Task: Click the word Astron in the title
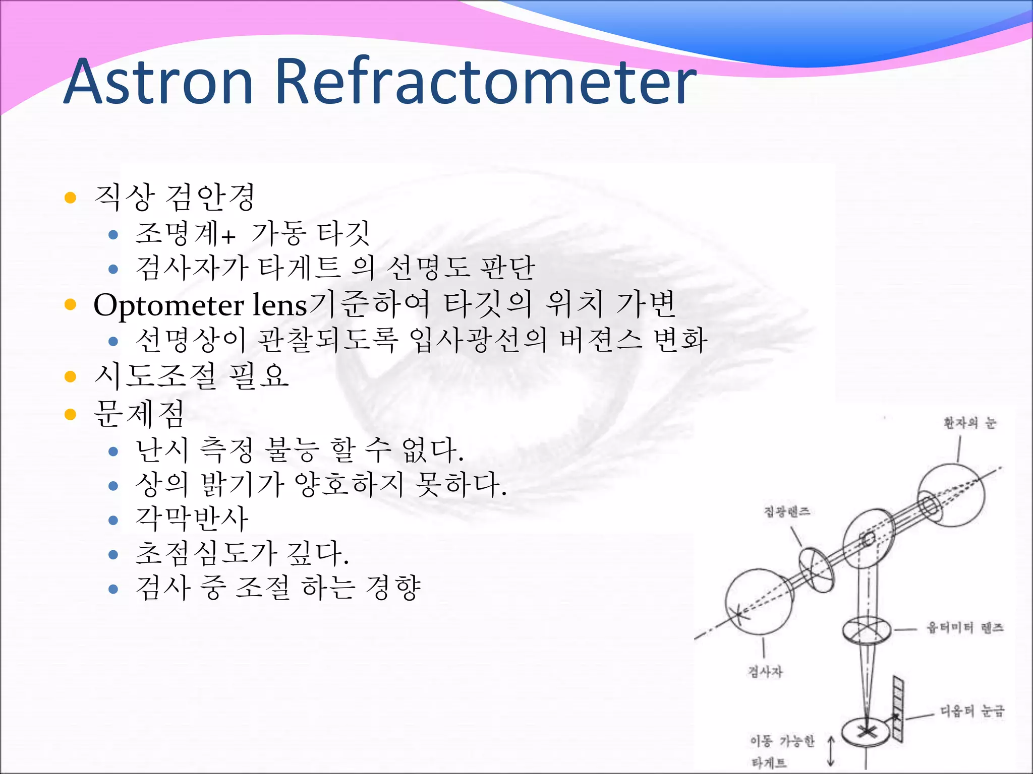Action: (x=158, y=82)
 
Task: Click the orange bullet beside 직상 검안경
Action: (x=70, y=197)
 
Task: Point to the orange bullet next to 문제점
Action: (x=70, y=415)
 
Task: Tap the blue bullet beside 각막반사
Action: (x=113, y=520)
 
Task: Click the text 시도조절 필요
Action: (x=192, y=376)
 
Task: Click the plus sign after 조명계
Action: (x=228, y=236)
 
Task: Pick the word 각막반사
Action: (x=192, y=519)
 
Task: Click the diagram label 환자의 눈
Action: (x=969, y=423)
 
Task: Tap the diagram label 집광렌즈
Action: (x=787, y=512)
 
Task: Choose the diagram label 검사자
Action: (x=765, y=671)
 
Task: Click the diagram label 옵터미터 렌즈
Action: (x=965, y=628)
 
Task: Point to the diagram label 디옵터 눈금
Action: (x=972, y=711)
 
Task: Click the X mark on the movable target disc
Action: (x=866, y=730)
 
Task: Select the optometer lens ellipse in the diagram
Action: (x=866, y=630)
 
